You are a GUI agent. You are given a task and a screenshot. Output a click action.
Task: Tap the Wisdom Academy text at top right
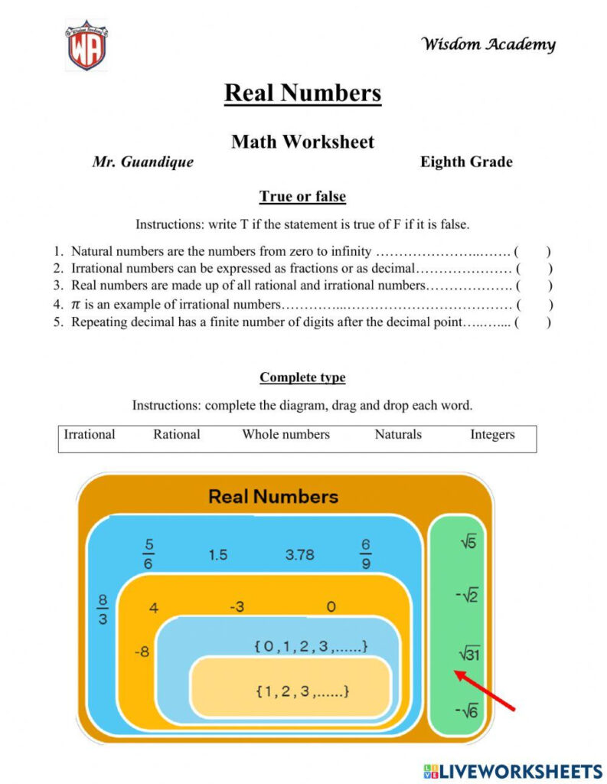pos(488,44)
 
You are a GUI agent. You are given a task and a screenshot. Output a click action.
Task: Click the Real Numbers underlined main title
pos(302,93)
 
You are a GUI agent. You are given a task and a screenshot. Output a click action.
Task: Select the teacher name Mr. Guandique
pos(143,162)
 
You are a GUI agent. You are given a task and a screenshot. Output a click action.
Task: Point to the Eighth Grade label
pos(466,162)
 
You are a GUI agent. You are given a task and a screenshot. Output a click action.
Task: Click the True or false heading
pos(302,197)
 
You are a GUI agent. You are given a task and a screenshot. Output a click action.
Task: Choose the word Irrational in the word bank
pos(90,435)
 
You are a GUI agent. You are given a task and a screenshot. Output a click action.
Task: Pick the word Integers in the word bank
pos(492,435)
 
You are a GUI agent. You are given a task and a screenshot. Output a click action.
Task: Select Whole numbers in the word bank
pos(286,435)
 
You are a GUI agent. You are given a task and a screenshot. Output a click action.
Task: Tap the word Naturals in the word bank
pos(398,435)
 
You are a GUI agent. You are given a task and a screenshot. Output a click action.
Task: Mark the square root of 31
pos(468,654)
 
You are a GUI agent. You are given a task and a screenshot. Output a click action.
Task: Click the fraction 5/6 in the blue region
pos(148,554)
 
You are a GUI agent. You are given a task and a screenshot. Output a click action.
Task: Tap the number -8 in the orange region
pos(142,652)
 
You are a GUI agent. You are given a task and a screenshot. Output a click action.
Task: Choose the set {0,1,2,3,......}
pos(311,647)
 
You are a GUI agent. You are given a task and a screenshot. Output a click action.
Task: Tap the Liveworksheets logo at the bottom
pos(511,770)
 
